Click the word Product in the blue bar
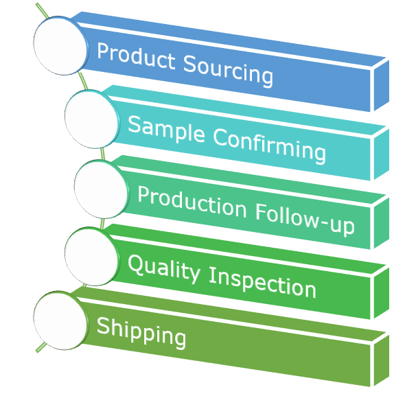135,56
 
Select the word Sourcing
228,69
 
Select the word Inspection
262,281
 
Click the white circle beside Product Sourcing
60,46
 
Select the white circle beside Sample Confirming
91,119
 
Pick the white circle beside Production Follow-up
100,189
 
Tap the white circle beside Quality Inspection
91,255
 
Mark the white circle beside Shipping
60,320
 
